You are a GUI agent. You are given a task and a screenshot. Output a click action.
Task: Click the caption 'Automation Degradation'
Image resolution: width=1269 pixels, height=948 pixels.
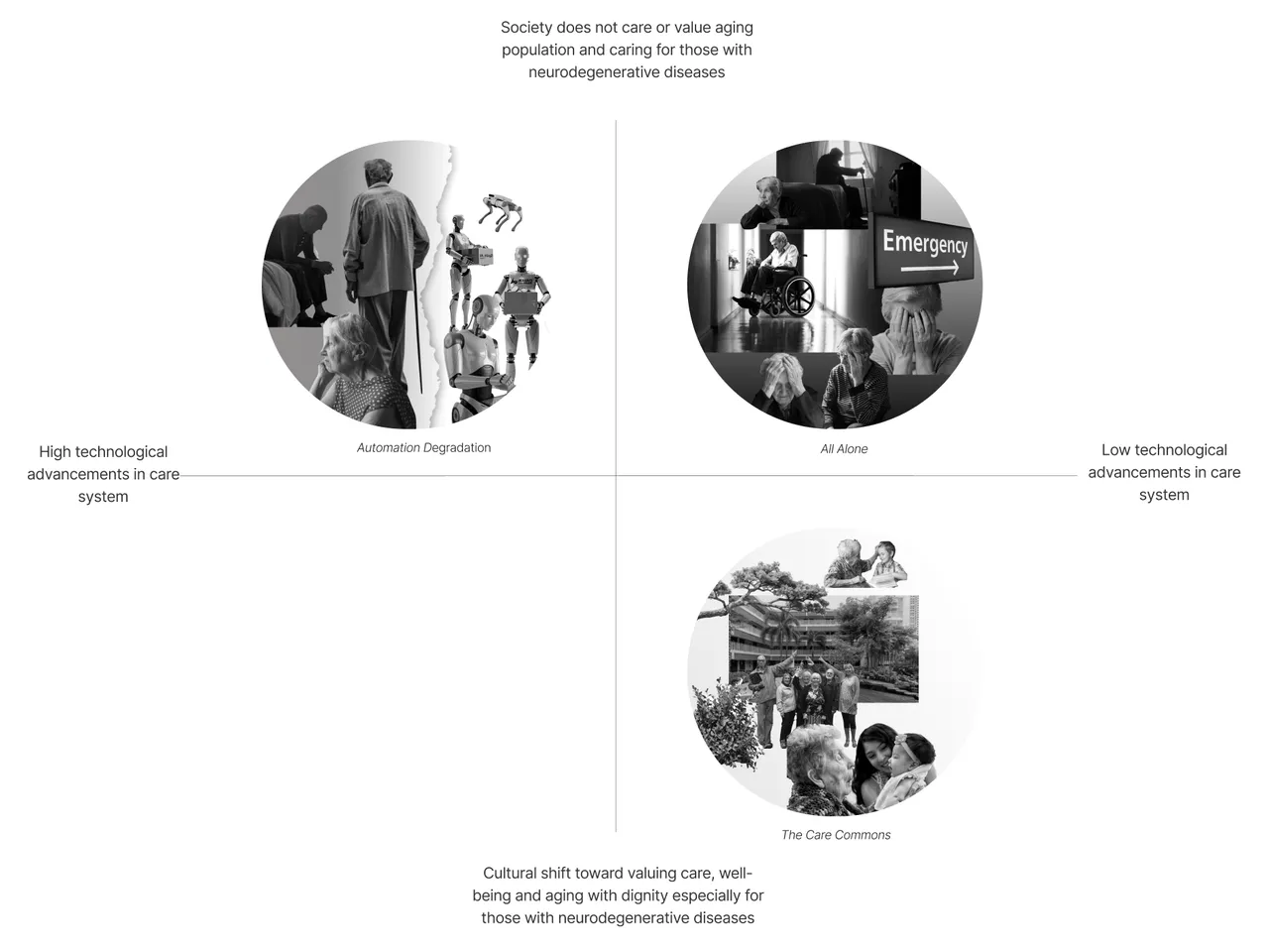pyautogui.click(x=423, y=447)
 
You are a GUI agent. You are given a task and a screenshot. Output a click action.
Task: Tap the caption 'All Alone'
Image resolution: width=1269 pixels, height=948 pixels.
pyautogui.click(x=844, y=448)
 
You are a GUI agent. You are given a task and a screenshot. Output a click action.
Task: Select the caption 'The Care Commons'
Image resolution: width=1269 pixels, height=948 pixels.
pyautogui.click(x=836, y=835)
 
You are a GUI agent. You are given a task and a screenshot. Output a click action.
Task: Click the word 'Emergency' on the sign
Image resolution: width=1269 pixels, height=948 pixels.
pyautogui.click(x=924, y=242)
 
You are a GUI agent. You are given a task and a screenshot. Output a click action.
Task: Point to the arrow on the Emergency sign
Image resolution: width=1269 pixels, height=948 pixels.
pyautogui.click(x=930, y=268)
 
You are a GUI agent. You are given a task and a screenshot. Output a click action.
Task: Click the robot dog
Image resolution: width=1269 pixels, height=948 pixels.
pyautogui.click(x=501, y=211)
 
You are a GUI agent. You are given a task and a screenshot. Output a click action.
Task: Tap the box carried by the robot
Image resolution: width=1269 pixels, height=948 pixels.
pyautogui.click(x=481, y=257)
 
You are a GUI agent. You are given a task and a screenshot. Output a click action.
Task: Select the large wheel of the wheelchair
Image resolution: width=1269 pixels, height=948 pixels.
pyautogui.click(x=797, y=296)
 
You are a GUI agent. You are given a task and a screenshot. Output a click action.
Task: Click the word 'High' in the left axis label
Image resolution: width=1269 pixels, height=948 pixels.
pyautogui.click(x=55, y=452)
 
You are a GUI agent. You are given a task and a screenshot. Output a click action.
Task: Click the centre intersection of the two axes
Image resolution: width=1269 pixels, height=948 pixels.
pyautogui.click(x=616, y=476)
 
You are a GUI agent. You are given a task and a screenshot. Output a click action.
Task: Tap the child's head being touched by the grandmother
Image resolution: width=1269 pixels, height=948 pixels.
pyautogui.click(x=885, y=551)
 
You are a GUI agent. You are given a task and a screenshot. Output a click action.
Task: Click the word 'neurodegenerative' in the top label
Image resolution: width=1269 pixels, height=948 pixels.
pyautogui.click(x=593, y=72)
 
